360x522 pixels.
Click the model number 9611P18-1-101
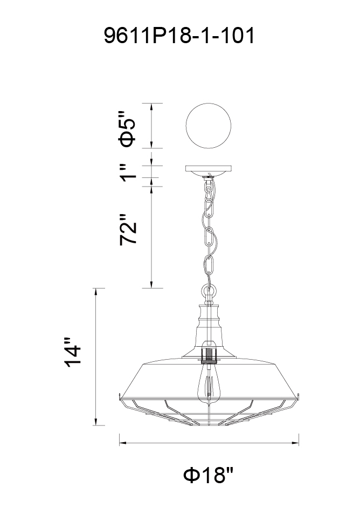[x=179, y=36]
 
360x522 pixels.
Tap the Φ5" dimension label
[x=128, y=128]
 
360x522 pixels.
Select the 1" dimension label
[x=128, y=173]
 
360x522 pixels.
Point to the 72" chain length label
[x=128, y=230]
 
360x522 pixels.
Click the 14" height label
[x=73, y=353]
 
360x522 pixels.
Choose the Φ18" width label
[x=209, y=475]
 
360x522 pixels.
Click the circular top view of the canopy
[x=208, y=126]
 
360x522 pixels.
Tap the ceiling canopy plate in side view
[x=209, y=171]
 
